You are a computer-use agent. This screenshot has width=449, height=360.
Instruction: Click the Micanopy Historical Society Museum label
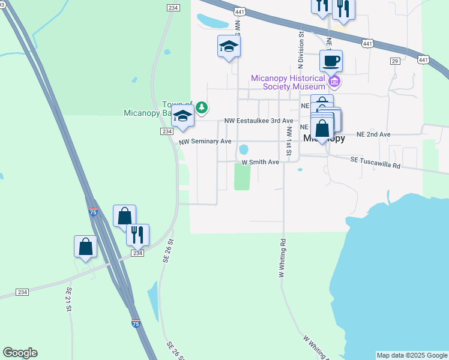[292, 82]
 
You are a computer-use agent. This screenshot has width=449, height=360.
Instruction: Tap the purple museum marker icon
[335, 81]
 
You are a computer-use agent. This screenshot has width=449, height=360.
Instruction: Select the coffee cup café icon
[331, 61]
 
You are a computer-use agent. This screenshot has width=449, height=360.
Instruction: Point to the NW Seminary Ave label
[205, 142]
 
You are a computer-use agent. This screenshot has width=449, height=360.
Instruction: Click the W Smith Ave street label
[261, 162]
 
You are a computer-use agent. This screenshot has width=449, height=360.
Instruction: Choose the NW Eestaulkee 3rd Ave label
[259, 121]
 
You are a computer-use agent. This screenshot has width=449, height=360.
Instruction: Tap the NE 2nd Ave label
[373, 134]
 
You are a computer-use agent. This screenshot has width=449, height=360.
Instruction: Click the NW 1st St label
[289, 142]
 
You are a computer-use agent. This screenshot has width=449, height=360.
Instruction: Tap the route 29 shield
[394, 61]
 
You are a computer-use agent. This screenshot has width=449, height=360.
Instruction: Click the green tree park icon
[203, 108]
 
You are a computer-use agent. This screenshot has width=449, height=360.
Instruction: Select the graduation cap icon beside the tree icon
[183, 117]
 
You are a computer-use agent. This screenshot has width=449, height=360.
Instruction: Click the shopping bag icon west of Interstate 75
[86, 246]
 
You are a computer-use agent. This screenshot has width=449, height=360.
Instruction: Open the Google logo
[20, 353]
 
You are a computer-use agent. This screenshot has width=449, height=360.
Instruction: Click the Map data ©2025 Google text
[412, 355]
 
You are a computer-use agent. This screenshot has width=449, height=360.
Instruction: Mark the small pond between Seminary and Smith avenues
[244, 149]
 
